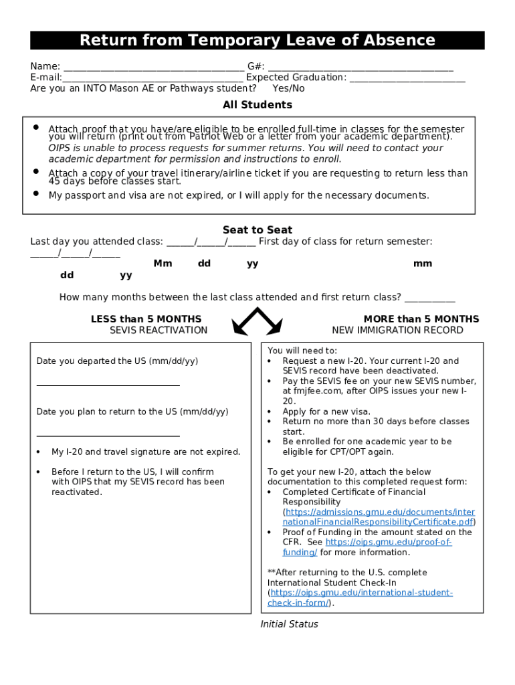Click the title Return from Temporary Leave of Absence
(257, 40)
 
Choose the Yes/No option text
(288, 88)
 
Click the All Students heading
(257, 105)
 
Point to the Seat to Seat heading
(257, 230)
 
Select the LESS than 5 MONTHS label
(146, 319)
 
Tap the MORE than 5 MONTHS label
(421, 319)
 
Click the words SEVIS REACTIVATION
(159, 330)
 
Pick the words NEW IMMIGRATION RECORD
(397, 330)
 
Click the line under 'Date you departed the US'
(108, 385)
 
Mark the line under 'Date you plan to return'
(108, 435)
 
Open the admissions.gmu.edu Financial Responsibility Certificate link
(379, 517)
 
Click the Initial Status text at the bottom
(289, 624)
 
